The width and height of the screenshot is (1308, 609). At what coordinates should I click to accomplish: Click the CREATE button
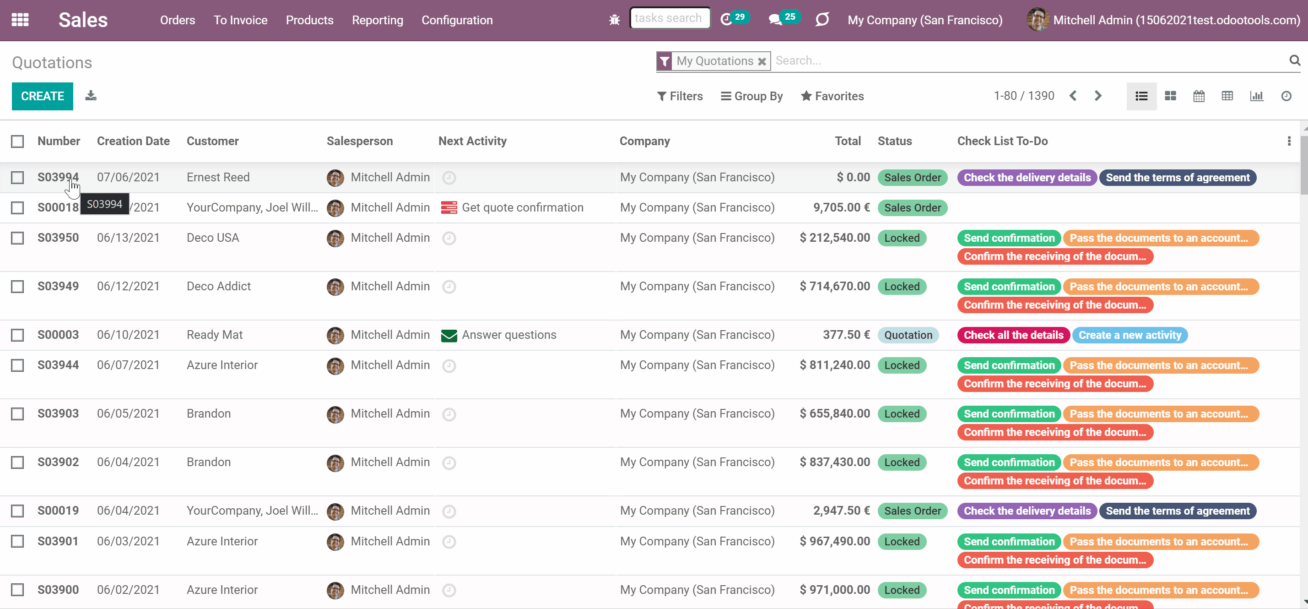[x=42, y=96]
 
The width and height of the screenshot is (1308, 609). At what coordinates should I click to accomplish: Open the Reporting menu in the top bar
[x=377, y=20]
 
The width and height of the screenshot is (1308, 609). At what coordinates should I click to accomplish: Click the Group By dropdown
[x=751, y=96]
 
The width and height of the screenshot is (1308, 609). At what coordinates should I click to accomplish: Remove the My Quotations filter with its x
[x=762, y=61]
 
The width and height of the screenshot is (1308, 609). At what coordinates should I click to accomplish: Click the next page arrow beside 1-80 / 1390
[x=1098, y=96]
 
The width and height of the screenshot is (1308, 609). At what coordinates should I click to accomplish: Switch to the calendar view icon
[x=1198, y=96]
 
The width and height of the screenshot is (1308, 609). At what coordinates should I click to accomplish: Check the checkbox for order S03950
[x=18, y=238]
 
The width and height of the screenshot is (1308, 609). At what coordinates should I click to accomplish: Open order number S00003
[x=58, y=335]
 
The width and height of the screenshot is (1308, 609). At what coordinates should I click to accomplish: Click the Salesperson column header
[x=360, y=141]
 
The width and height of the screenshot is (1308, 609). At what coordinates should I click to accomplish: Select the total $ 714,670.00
[x=834, y=287]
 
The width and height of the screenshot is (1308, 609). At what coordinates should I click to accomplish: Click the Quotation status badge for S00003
[x=908, y=335]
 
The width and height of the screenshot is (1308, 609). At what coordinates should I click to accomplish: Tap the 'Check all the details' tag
[x=1014, y=335]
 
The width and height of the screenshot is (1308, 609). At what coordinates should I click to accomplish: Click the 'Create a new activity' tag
[x=1130, y=335]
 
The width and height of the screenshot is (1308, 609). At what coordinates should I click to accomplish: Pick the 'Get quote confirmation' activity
[x=523, y=207]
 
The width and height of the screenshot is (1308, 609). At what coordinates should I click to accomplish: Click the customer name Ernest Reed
[x=218, y=177]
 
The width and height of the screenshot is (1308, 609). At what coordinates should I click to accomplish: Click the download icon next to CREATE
[x=91, y=96]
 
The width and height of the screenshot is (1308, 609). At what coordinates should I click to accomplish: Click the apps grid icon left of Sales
[x=20, y=20]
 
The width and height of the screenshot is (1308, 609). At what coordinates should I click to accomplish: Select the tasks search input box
[x=670, y=18]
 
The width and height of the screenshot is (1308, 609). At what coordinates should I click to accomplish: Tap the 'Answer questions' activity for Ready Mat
[x=509, y=335]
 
